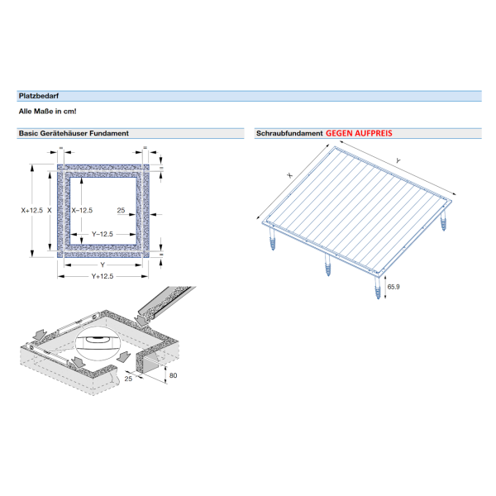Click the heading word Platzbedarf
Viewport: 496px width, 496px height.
coord(37,96)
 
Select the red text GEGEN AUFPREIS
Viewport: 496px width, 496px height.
coord(359,133)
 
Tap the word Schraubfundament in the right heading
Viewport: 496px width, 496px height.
coord(289,133)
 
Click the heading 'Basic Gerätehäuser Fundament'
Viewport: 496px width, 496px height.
coord(73,133)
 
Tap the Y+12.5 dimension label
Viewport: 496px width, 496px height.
coord(102,275)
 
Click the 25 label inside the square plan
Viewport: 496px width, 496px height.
coord(121,211)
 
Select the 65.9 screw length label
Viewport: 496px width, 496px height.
coord(393,287)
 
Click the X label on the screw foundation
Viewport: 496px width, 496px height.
coord(290,175)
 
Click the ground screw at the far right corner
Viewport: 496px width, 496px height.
coord(442,221)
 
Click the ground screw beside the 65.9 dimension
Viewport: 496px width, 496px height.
coord(377,289)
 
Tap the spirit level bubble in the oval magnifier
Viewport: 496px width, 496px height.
coord(99,338)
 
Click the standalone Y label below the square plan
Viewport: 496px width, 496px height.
coord(102,265)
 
